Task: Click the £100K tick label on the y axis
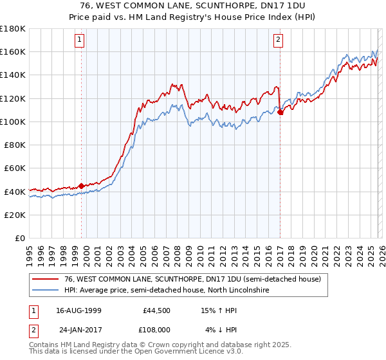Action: (13, 122)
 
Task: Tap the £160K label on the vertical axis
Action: (13, 51)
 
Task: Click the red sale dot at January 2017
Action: (280, 113)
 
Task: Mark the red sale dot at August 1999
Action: (82, 186)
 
